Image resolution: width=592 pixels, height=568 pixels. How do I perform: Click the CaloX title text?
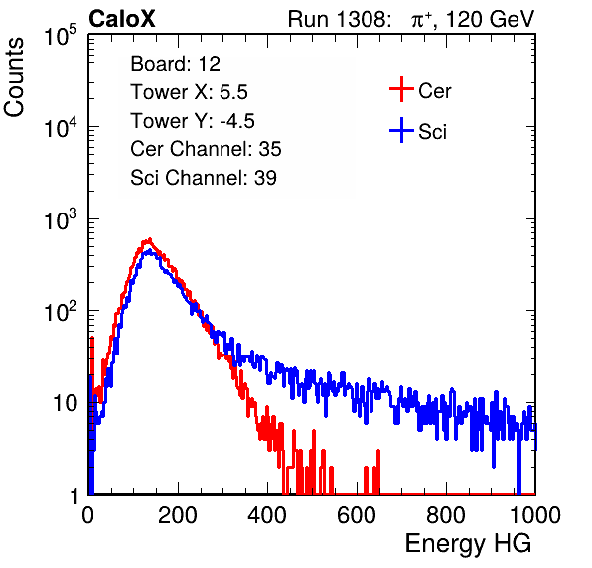[122, 19]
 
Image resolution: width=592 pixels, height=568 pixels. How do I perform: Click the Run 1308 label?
[339, 19]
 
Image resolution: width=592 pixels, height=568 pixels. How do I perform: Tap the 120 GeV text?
[491, 19]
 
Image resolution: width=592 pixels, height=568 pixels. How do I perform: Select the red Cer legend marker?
[401, 89]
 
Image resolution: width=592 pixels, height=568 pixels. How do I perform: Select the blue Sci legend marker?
[401, 130]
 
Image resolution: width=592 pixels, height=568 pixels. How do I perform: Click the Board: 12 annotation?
[175, 64]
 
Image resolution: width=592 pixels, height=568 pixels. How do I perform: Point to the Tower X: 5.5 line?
[189, 92]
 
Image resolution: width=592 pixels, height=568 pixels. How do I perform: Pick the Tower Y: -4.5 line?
[193, 121]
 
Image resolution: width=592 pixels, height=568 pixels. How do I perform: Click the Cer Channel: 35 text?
[206, 149]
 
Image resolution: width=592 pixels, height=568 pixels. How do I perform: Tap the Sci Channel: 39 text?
[204, 178]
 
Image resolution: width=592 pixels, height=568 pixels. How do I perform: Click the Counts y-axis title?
[14, 77]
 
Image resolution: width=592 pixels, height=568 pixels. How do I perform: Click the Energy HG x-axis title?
[468, 544]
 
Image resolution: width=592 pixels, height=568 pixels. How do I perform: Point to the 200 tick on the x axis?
[178, 515]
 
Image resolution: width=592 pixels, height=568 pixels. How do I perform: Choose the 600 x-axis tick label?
[357, 515]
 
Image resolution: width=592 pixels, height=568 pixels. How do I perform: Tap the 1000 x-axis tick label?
[535, 515]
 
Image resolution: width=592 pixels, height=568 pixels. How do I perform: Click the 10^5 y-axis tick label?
[61, 36]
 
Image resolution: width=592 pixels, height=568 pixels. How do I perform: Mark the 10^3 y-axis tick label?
[61, 219]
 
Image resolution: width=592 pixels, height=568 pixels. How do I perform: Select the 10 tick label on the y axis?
[65, 403]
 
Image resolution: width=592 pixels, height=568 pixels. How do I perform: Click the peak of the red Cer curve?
[150, 239]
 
